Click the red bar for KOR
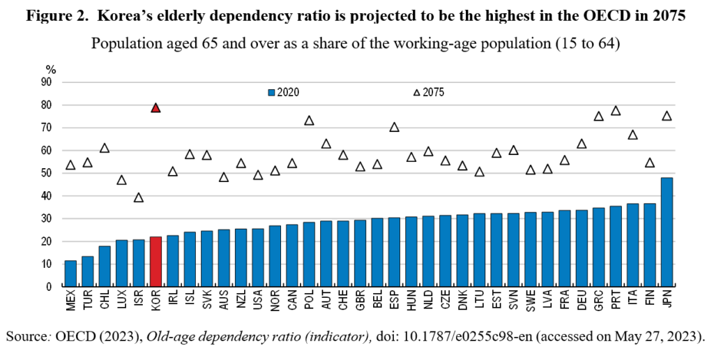click(x=155, y=262)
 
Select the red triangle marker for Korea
click(x=155, y=107)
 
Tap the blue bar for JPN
click(x=667, y=232)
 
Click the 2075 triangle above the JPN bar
click(x=667, y=116)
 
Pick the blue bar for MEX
click(x=70, y=273)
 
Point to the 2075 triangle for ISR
click(x=139, y=197)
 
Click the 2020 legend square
click(x=272, y=91)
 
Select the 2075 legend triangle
click(x=417, y=91)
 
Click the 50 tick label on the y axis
click(x=47, y=173)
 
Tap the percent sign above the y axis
click(x=50, y=69)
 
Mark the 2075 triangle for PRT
click(x=616, y=111)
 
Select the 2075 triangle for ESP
click(x=394, y=127)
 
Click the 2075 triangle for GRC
click(x=598, y=116)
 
